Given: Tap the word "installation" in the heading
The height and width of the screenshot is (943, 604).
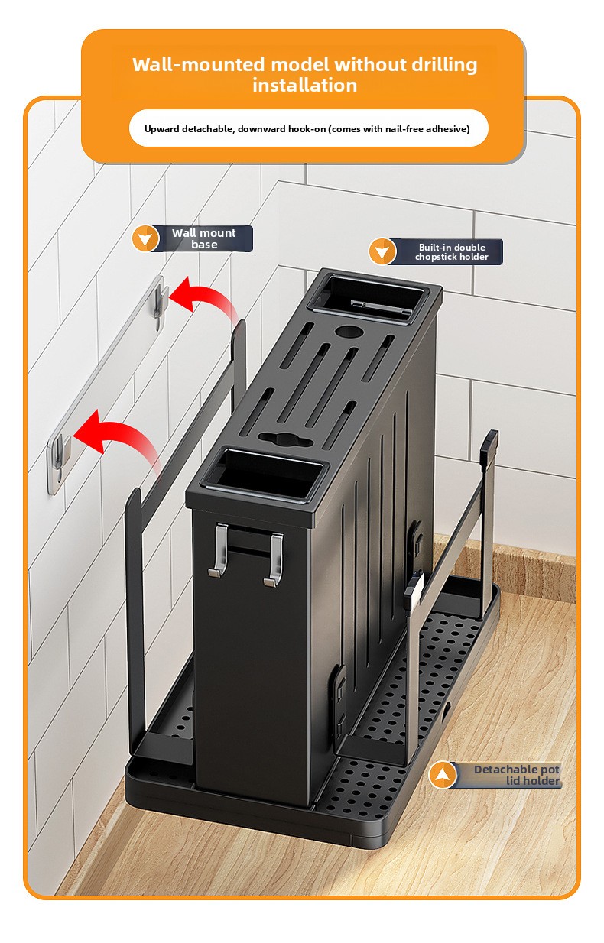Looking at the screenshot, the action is coord(304,86).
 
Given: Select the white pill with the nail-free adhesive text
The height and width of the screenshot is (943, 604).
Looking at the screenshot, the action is coord(308,128).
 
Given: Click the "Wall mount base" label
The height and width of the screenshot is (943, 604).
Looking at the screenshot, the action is coord(204,238).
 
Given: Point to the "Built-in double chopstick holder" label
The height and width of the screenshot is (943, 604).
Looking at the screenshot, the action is coord(452,252).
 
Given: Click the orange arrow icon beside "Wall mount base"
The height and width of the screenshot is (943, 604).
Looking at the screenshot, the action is coord(145,238).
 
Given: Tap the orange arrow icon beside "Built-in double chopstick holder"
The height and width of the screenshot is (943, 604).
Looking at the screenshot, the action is coord(382,251).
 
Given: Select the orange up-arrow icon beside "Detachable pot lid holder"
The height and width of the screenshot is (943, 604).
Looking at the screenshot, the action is coord(442,775).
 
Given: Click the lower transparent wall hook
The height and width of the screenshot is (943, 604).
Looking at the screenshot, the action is coord(59,463).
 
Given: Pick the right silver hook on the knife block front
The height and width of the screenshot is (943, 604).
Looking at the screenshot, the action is coord(274,560).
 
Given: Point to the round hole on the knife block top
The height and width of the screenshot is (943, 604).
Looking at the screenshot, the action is coord(349,332).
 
